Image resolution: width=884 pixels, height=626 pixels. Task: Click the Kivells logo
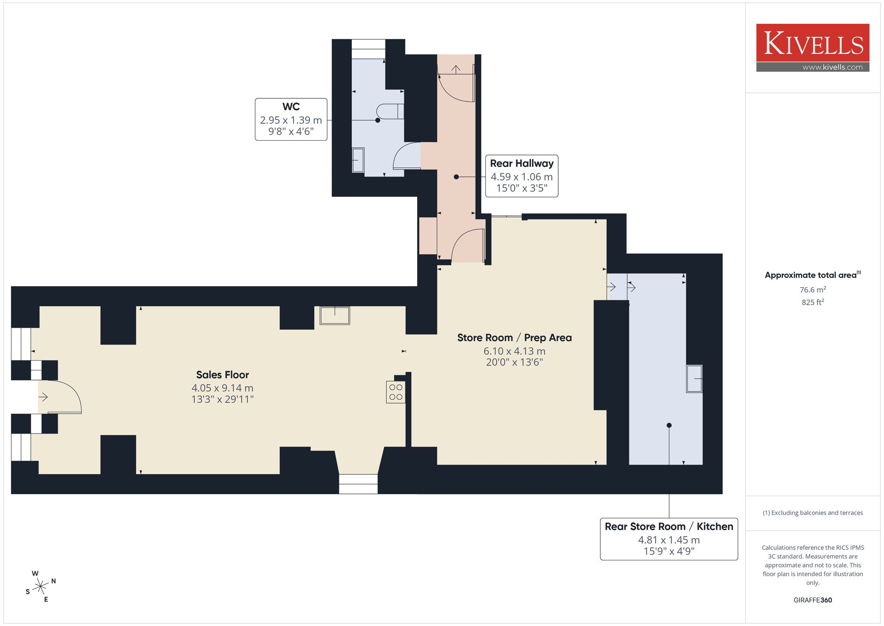click(812, 48)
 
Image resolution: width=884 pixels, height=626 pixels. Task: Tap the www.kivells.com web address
click(832, 67)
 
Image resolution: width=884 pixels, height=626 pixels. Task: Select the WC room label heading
click(291, 107)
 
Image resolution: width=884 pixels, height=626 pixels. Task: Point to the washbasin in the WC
click(358, 160)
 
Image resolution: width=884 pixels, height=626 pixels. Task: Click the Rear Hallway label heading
click(522, 163)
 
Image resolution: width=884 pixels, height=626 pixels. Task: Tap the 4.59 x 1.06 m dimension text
click(522, 177)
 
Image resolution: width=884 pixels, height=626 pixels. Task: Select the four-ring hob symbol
click(396, 392)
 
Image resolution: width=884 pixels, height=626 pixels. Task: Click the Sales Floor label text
click(222, 375)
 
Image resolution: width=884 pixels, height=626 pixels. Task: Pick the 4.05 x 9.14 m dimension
click(222, 388)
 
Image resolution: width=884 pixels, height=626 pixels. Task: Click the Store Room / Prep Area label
click(514, 338)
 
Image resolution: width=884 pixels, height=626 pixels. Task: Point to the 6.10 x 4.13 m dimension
click(514, 351)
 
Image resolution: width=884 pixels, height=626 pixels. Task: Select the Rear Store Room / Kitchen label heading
click(669, 526)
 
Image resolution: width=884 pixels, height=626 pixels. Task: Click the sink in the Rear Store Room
click(694, 379)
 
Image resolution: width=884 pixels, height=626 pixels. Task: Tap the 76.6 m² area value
click(813, 290)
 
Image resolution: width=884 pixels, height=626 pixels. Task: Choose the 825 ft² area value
click(813, 302)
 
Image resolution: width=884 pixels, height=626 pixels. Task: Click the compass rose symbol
click(41, 587)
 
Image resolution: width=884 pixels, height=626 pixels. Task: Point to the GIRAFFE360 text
click(813, 600)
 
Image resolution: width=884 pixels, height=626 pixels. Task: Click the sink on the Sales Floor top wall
click(335, 315)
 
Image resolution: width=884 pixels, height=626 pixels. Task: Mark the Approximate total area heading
click(813, 275)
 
